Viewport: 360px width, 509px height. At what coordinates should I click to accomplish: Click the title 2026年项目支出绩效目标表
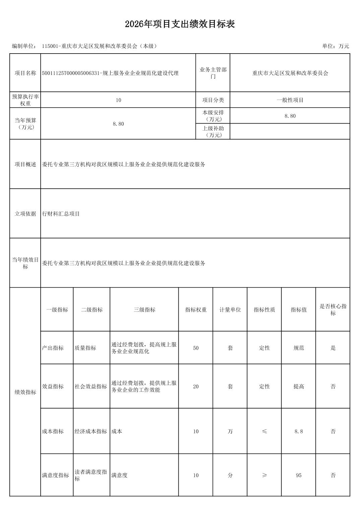(180, 24)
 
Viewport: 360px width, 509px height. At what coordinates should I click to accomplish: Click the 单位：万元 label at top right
(335, 46)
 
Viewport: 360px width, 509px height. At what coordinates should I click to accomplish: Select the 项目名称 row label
(25, 73)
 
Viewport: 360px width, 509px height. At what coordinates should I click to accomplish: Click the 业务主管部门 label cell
(213, 73)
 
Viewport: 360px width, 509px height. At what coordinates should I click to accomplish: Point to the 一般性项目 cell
(290, 100)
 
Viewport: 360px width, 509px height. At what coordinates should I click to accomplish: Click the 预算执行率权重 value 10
(118, 100)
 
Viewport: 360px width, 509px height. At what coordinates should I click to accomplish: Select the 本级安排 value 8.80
(290, 116)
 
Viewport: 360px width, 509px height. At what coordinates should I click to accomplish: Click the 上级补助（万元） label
(213, 132)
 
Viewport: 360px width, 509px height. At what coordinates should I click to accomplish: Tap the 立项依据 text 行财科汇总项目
(61, 214)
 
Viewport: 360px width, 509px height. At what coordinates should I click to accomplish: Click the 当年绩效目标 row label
(25, 263)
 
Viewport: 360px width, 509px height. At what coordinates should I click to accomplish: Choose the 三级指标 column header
(144, 310)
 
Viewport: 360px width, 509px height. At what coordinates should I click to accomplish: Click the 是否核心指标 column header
(333, 310)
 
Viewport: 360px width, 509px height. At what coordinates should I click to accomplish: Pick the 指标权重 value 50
(196, 348)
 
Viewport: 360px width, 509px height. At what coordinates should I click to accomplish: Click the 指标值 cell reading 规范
(299, 348)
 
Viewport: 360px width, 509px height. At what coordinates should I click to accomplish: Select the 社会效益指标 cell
(91, 386)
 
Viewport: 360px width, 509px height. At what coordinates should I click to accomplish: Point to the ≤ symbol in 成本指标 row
(264, 431)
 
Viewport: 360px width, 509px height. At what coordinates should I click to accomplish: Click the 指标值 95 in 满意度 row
(299, 475)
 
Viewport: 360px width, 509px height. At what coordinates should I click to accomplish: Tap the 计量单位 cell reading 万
(230, 431)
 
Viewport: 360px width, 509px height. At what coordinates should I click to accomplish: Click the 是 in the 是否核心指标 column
(333, 348)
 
